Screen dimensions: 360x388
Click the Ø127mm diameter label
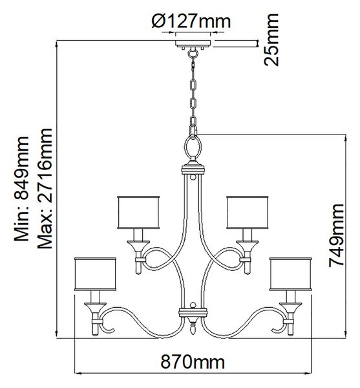click(191, 21)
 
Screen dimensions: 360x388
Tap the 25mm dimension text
click(271, 40)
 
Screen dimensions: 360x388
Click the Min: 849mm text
click(22, 189)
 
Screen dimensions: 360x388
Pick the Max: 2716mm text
click(45, 189)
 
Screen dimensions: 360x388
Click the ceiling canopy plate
click(193, 43)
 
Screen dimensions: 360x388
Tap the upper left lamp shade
click(138, 213)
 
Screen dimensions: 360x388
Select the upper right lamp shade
click(248, 213)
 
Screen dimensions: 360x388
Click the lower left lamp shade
click(95, 274)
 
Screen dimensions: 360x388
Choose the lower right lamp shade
click(291, 274)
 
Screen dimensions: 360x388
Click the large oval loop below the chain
click(193, 147)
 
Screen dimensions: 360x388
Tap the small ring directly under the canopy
click(193, 53)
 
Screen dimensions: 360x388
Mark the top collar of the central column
click(193, 169)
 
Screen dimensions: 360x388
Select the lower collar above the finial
click(193, 312)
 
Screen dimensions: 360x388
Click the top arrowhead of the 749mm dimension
click(345, 138)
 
